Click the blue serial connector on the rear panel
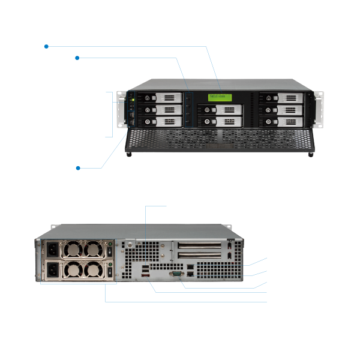(x=176, y=274)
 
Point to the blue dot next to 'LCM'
(x=46, y=46)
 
